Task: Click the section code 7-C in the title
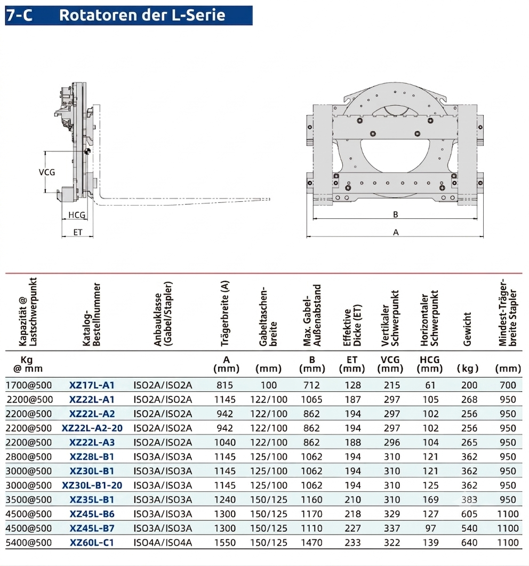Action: [x=19, y=15]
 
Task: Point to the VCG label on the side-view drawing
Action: [x=47, y=172]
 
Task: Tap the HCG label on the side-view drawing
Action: [x=77, y=215]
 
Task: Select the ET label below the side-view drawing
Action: [x=77, y=232]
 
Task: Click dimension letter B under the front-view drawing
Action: [x=396, y=215]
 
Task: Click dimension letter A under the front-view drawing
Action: [x=396, y=232]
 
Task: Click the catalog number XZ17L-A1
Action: [x=92, y=385]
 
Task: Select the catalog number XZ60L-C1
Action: [x=92, y=543]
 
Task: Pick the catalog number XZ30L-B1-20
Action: [x=92, y=485]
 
